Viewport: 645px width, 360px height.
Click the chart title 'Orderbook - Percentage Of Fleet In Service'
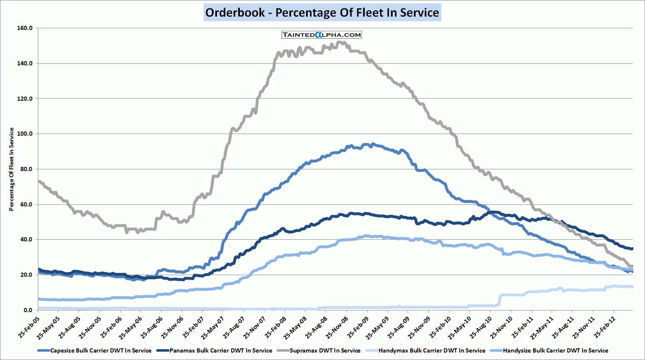(x=322, y=12)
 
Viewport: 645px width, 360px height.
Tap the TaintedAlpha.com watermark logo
(x=321, y=35)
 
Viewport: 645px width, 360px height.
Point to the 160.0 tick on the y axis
(x=25, y=28)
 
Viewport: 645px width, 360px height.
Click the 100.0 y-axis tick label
(x=25, y=134)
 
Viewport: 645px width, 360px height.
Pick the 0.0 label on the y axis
(x=28, y=310)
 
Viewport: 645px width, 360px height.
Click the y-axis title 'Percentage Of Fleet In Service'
(x=12, y=169)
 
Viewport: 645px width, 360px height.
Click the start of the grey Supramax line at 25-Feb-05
(x=39, y=181)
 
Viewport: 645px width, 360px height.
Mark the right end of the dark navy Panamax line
(x=632, y=249)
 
